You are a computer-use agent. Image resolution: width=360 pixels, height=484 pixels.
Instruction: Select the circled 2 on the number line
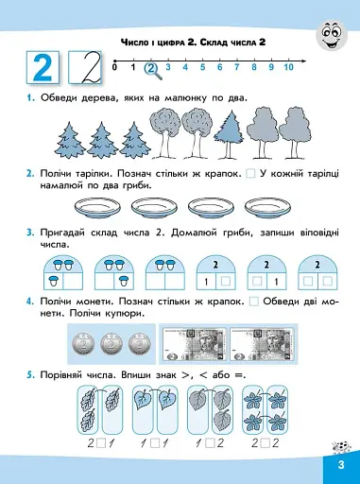coord(149,67)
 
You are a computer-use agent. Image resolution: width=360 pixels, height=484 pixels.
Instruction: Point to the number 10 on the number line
coord(288,67)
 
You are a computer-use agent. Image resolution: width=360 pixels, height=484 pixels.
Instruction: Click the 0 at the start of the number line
coord(114,67)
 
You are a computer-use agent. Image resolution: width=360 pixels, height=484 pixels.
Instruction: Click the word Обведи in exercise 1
coord(62,100)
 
